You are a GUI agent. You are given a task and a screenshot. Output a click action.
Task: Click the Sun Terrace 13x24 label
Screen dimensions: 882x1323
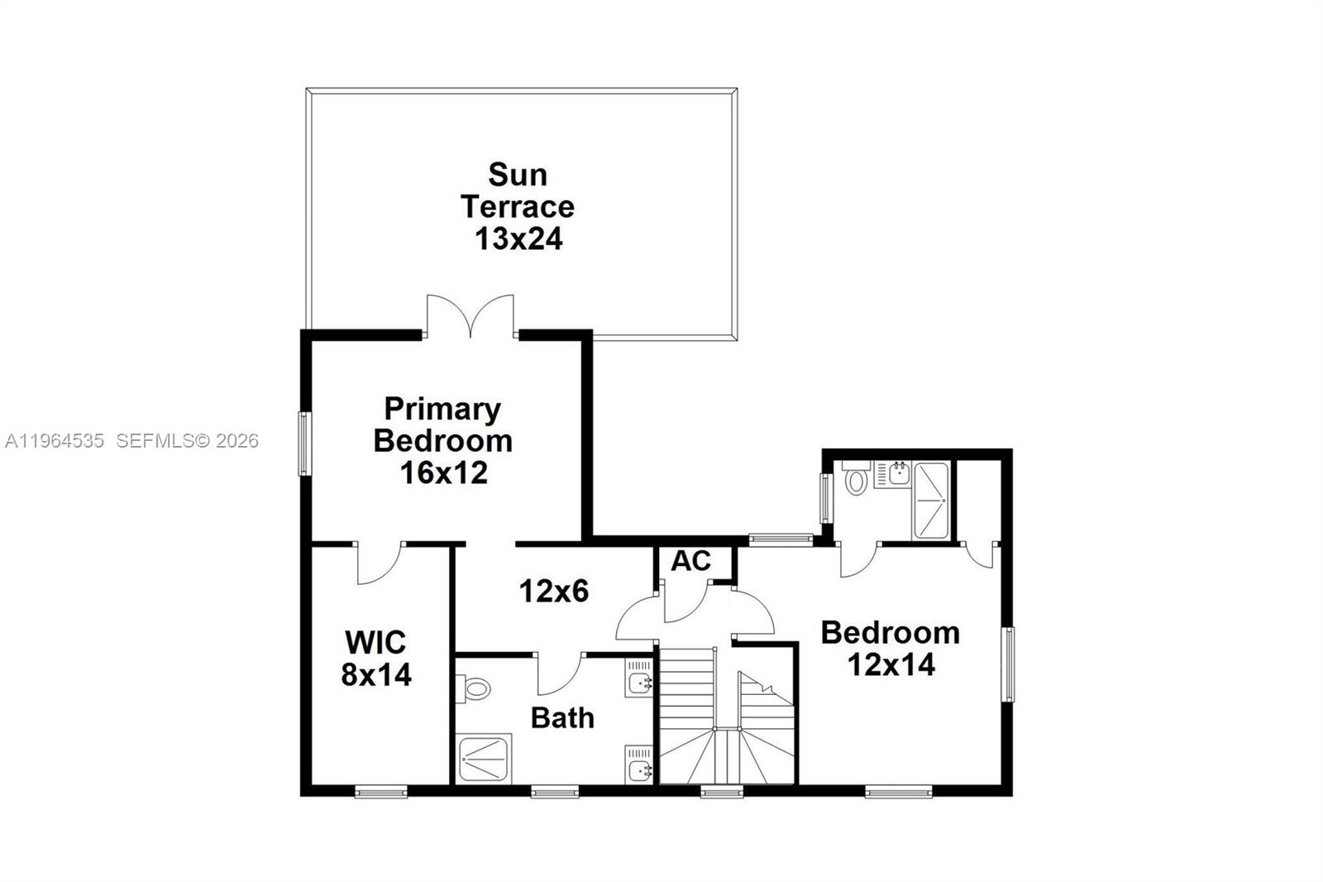[x=518, y=207]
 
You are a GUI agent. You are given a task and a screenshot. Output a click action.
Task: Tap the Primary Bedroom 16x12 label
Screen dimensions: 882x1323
[x=443, y=440]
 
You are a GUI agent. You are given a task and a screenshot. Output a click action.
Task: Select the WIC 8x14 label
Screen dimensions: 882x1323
[x=376, y=659]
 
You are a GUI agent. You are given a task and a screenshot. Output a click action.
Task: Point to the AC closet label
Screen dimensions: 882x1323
[x=690, y=561]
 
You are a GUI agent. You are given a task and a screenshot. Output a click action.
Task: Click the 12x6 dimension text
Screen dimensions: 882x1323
[x=553, y=591]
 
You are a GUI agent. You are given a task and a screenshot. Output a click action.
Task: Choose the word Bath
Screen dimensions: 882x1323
[x=562, y=717]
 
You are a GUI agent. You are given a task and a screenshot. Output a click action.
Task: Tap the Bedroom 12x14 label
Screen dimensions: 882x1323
[x=891, y=648]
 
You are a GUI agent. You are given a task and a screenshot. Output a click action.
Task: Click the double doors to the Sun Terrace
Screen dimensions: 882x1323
[x=470, y=317]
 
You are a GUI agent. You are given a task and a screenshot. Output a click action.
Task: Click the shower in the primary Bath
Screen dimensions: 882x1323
[x=485, y=758]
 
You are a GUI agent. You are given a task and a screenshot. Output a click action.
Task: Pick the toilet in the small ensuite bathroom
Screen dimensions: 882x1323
[x=856, y=479]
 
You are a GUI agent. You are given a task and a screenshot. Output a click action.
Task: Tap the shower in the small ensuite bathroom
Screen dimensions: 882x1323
[x=931, y=500]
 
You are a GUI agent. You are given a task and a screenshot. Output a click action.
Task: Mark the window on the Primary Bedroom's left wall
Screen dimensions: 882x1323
[x=304, y=443]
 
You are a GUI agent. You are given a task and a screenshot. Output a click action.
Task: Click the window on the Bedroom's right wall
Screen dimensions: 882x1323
[x=1008, y=664]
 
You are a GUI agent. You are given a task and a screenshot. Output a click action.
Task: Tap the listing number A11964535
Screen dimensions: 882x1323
[x=55, y=441]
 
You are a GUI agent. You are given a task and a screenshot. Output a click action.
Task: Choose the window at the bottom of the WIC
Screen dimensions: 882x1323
[x=380, y=793]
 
